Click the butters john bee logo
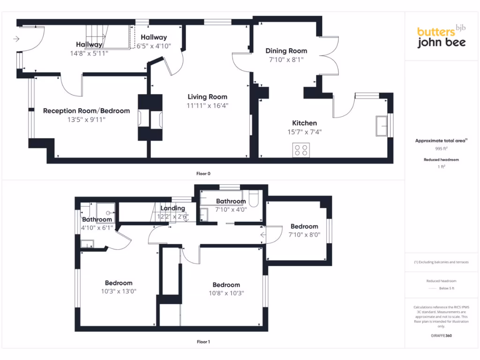(x=441, y=37)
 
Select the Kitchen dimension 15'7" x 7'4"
(x=304, y=132)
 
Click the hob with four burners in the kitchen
(x=301, y=150)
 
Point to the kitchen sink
(x=382, y=125)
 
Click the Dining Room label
(x=286, y=51)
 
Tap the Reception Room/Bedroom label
(x=86, y=111)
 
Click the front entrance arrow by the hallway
(x=17, y=39)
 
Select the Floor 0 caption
(x=203, y=173)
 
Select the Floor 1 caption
(x=203, y=342)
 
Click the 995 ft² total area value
(x=442, y=148)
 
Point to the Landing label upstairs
(x=172, y=208)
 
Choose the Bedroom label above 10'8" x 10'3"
(x=226, y=285)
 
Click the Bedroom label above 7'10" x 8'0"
(x=304, y=226)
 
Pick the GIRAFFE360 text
(x=441, y=336)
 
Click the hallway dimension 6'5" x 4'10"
(x=154, y=46)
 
